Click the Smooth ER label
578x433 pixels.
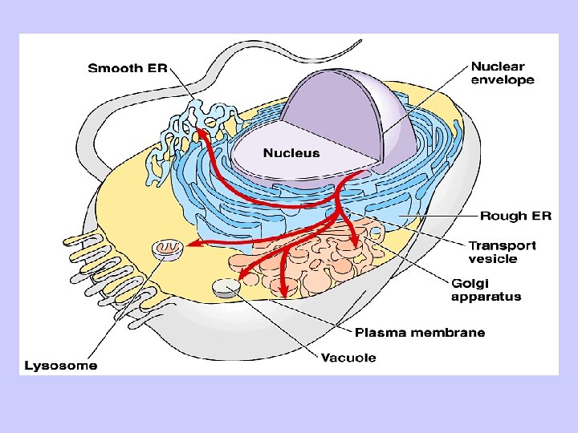click(127, 69)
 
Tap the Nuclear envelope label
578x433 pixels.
click(503, 73)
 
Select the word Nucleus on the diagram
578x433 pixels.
click(291, 153)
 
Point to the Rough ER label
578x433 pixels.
click(515, 216)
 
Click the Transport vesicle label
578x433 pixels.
click(503, 252)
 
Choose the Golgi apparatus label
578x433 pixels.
click(486, 289)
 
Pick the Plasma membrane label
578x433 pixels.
click(420, 332)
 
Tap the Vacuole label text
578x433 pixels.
click(348, 358)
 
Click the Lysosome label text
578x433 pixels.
click(62, 366)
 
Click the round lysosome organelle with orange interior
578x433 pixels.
click(168, 249)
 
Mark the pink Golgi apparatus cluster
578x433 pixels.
click(321, 257)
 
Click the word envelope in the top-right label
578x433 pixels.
click(503, 80)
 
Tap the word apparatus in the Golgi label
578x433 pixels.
click(486, 297)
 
